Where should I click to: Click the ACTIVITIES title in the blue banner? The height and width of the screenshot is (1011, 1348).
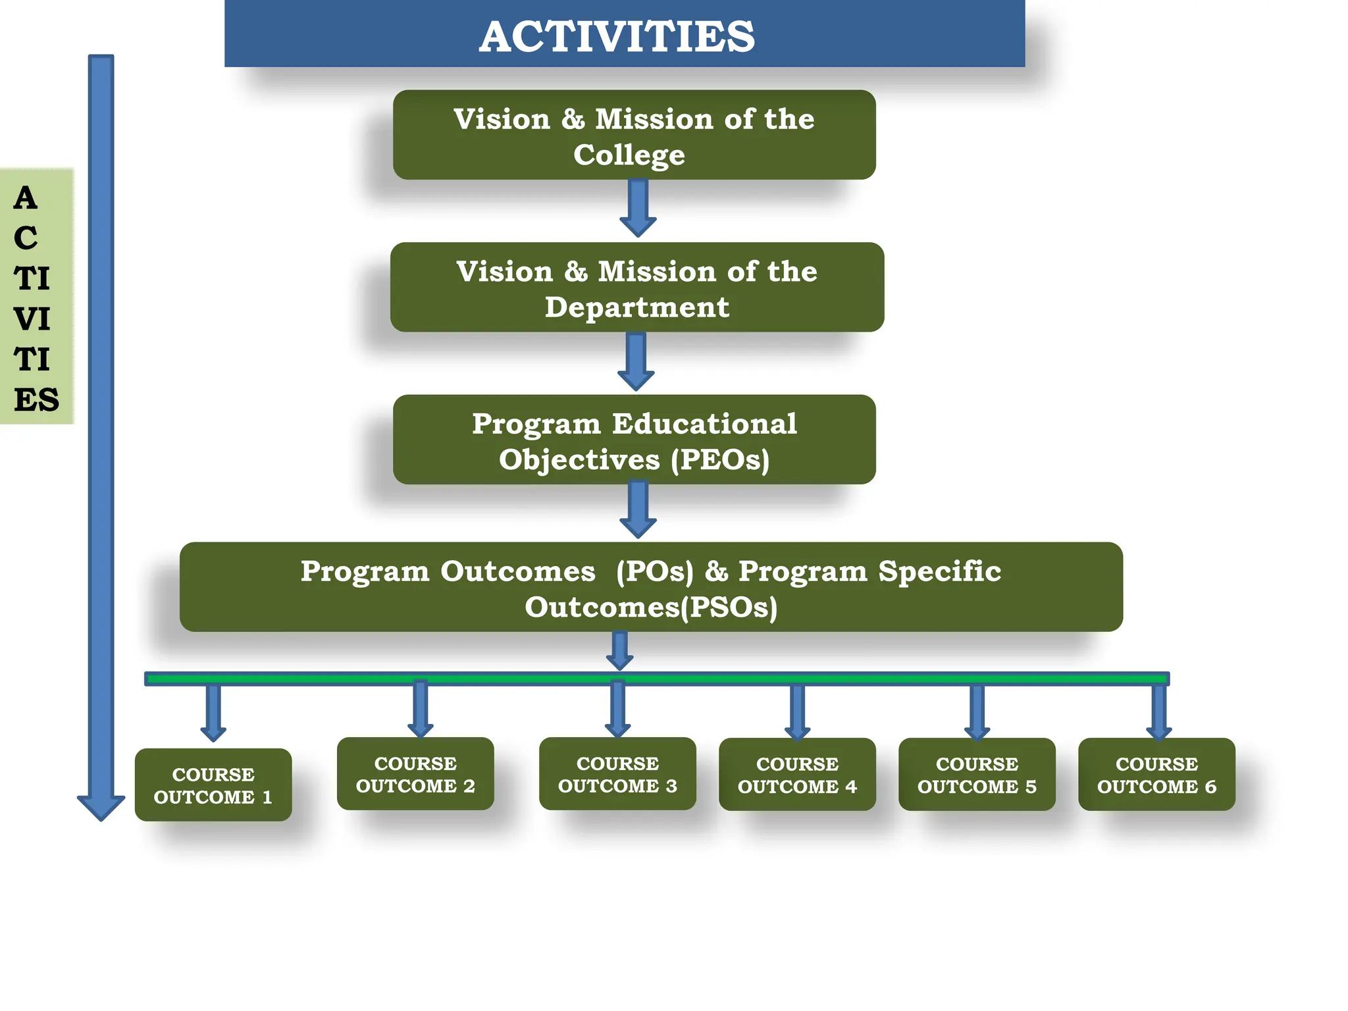[x=617, y=36]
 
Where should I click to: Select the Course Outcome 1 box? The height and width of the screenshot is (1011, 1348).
[x=213, y=785]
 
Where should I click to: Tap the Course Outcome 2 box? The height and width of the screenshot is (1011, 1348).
[x=415, y=774]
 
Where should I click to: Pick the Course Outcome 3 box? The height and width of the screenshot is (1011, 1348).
[x=617, y=774]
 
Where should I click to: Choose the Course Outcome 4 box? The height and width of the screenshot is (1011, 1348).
[x=797, y=775]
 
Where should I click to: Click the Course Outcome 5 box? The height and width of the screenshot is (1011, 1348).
[x=977, y=775]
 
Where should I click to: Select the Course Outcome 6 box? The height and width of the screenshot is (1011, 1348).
[x=1156, y=775]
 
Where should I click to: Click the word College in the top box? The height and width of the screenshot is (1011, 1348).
[x=629, y=155]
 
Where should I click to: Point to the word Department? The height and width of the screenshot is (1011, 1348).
[x=636, y=307]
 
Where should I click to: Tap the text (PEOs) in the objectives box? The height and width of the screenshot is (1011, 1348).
[x=720, y=459]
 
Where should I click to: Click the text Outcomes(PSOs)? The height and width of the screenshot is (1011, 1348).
[x=650, y=607]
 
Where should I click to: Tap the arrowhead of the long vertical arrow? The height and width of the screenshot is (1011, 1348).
[x=101, y=806]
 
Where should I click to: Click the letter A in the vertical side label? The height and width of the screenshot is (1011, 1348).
[x=26, y=198]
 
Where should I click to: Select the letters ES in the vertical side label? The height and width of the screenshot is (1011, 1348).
[x=36, y=400]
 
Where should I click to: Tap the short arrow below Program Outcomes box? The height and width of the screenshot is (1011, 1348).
[x=619, y=651]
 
